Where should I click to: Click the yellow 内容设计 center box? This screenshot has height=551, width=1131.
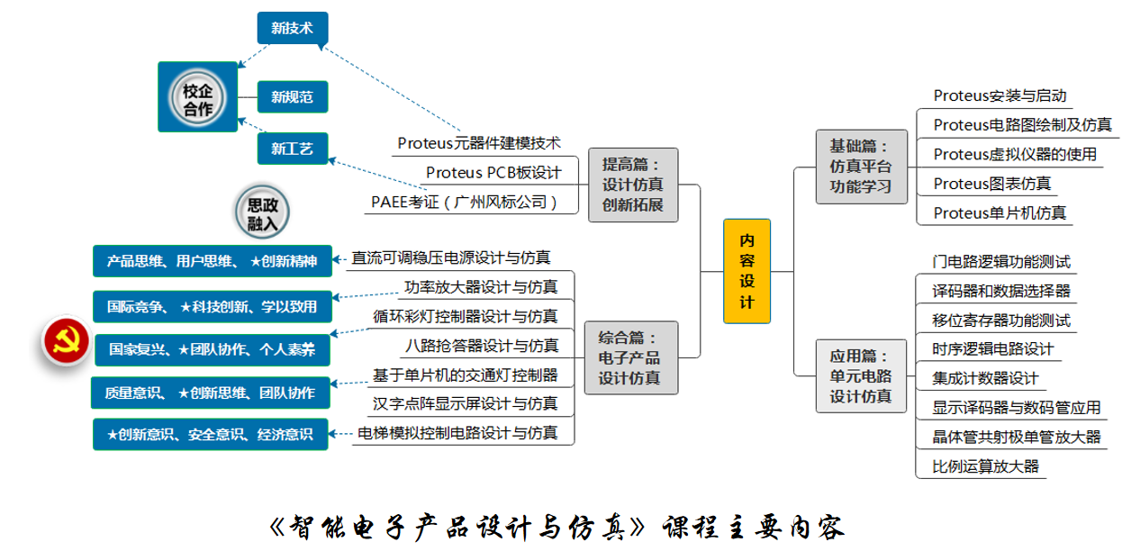point(746,271)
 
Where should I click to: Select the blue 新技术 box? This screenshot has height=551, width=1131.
point(293,28)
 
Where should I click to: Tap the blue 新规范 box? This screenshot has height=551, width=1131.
point(293,96)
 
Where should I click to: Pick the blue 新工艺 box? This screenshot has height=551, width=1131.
point(293,149)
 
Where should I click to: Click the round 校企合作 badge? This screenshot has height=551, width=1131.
point(197,97)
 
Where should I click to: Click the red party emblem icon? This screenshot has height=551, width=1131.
point(66,341)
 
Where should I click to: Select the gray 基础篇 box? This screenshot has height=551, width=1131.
point(861,167)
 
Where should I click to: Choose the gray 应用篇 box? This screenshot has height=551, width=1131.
point(861,376)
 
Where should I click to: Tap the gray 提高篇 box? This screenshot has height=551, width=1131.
point(633,185)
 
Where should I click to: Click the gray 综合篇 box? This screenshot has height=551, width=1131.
point(631,357)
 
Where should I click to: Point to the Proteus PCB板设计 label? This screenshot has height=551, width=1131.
point(493,173)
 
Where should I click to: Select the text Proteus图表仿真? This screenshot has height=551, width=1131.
point(992,184)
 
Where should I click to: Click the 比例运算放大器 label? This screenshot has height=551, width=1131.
point(986,466)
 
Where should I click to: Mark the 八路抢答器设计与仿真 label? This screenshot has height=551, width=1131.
point(482,346)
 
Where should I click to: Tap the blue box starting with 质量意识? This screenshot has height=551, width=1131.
point(211,393)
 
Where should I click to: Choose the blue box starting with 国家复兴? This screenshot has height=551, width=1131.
point(213,349)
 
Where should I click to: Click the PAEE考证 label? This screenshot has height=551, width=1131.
point(464,202)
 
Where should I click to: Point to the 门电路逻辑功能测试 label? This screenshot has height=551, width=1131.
point(1001,262)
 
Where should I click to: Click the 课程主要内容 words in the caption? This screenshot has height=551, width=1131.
point(754,528)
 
